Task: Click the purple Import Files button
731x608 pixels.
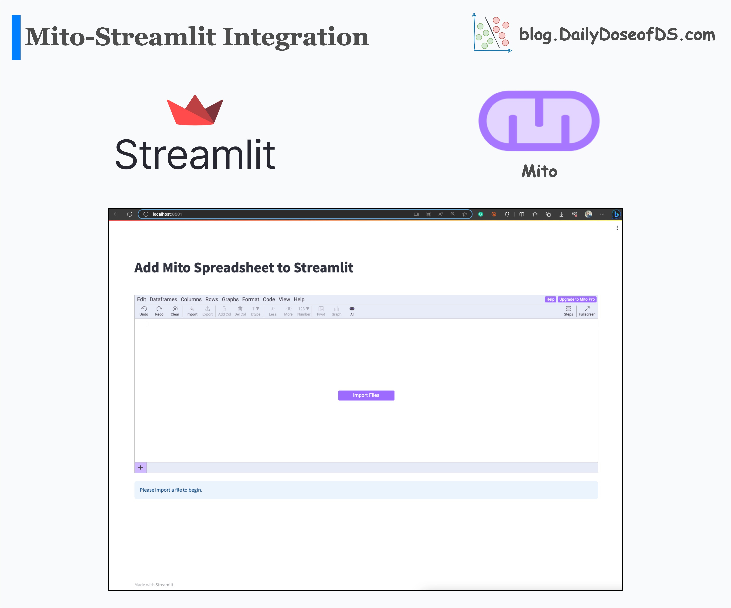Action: point(366,395)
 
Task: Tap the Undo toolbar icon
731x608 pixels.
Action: point(144,311)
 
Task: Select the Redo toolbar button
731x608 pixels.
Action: point(159,311)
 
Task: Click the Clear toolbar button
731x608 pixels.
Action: point(175,311)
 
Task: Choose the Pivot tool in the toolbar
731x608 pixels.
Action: point(321,311)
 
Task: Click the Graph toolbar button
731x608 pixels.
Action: point(336,311)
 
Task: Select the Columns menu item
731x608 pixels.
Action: point(191,299)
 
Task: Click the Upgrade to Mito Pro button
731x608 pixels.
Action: point(577,299)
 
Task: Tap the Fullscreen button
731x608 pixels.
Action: point(587,311)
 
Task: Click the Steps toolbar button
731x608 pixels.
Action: point(568,311)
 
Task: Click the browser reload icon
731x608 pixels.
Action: point(129,214)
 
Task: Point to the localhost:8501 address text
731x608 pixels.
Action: point(167,214)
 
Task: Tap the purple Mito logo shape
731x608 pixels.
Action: point(539,121)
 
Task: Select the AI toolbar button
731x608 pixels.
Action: point(352,311)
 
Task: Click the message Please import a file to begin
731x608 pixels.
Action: point(171,490)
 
